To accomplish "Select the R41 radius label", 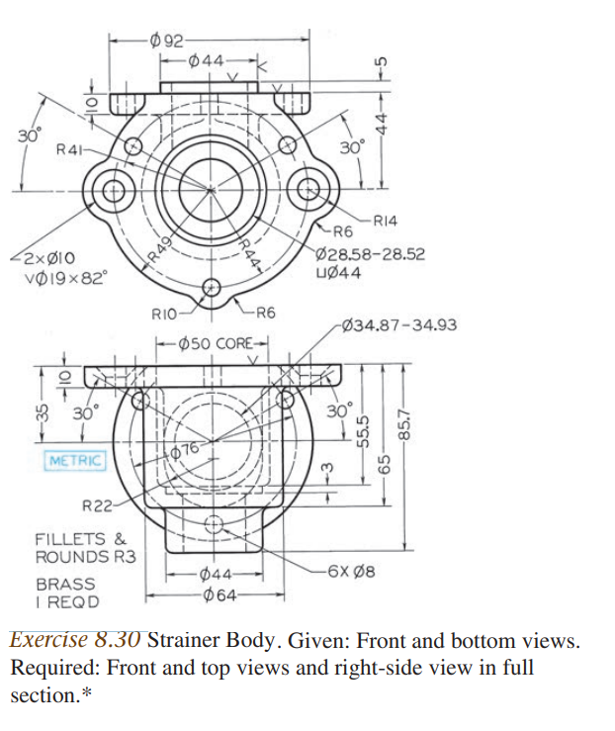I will (69, 148).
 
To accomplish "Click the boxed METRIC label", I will (75, 461).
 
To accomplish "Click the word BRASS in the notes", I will (65, 584).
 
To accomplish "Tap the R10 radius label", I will (163, 315).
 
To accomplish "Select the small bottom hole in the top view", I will (211, 288).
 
